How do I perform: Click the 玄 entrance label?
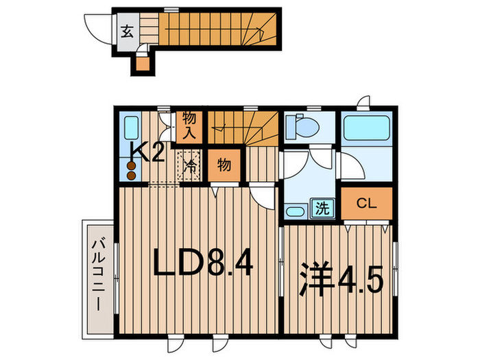click(x=127, y=32)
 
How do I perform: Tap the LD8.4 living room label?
click(x=203, y=263)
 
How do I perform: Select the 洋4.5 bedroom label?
click(x=341, y=279)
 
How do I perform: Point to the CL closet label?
click(x=367, y=203)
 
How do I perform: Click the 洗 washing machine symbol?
click(x=323, y=208)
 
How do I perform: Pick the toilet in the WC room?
click(x=302, y=126)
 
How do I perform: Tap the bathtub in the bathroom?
click(x=367, y=128)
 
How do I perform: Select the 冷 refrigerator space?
click(x=189, y=165)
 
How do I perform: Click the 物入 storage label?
click(x=189, y=126)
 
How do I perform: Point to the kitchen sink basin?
click(x=132, y=128)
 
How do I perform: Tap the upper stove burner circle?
click(x=132, y=166)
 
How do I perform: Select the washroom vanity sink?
click(x=296, y=211)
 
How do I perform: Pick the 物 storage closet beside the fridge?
click(x=224, y=166)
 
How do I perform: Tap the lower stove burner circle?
click(x=132, y=176)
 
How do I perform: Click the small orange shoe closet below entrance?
click(x=143, y=64)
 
